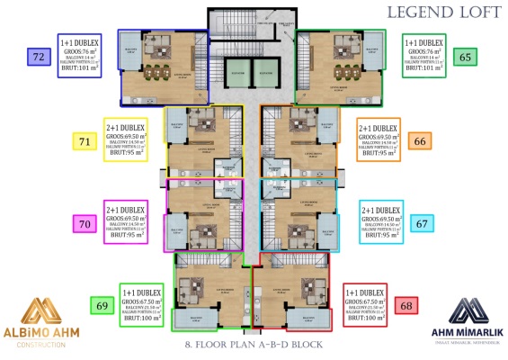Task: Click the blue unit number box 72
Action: pos(38,57)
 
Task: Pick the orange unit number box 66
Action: pos(420,141)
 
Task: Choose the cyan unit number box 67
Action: pos(420,223)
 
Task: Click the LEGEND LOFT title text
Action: pos(432,13)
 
